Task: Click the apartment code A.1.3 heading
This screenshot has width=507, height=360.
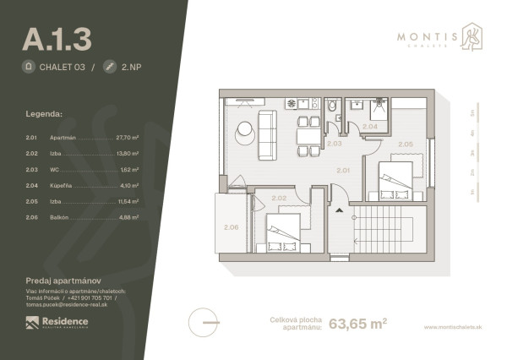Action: tap(57, 38)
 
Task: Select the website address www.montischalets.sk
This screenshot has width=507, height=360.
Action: tap(455, 327)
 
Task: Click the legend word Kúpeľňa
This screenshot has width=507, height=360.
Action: tap(63, 184)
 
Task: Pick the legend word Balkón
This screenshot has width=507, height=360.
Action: tap(61, 216)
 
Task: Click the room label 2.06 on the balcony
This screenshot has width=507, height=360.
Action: tap(230, 227)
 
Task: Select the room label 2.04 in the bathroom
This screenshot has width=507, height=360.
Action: tap(369, 128)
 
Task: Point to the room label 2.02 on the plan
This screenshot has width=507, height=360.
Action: tap(280, 199)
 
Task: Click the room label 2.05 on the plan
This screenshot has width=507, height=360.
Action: tap(406, 145)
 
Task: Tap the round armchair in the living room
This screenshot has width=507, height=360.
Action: tap(245, 129)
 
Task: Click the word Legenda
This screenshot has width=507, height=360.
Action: tap(44, 112)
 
